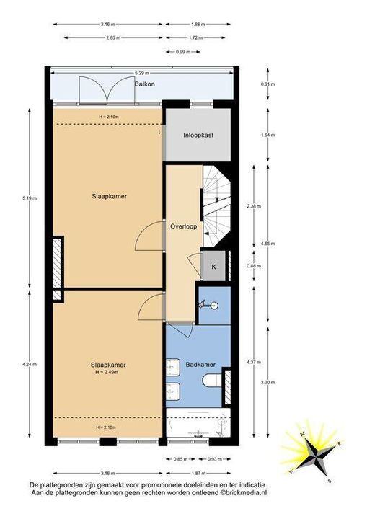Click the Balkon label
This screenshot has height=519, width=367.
click(145, 84)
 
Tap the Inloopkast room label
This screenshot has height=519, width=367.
click(198, 135)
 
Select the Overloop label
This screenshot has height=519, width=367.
click(184, 226)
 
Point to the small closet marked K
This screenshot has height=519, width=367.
click(213, 267)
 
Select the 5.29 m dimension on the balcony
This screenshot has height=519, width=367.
click(142, 73)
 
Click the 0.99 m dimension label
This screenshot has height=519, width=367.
click(182, 52)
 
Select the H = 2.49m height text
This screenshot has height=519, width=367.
click(105, 372)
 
